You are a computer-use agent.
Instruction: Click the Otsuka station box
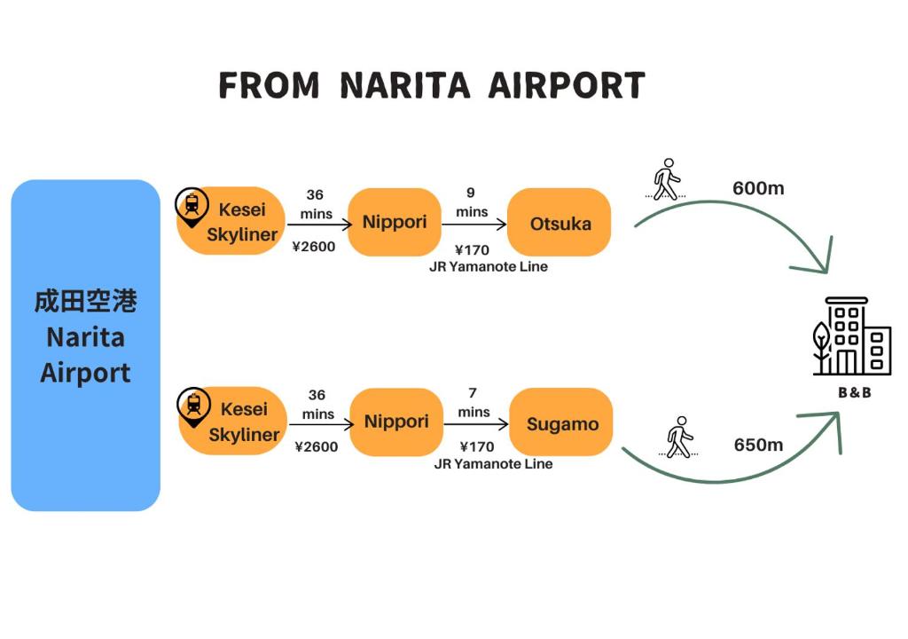pyautogui.click(x=560, y=223)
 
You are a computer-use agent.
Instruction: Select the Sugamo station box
pyautogui.click(x=562, y=423)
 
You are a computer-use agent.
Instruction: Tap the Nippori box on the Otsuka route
pyautogui.click(x=395, y=222)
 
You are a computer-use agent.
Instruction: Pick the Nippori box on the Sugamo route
pyautogui.click(x=396, y=422)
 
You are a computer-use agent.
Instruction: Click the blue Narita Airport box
pyautogui.click(x=85, y=345)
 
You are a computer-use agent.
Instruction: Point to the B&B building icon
pyautogui.click(x=852, y=336)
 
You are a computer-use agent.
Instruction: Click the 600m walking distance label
pyautogui.click(x=758, y=188)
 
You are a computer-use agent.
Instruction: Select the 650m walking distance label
pyautogui.click(x=758, y=445)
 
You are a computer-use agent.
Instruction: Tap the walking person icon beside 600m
pyautogui.click(x=667, y=179)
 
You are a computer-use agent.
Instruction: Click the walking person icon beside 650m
pyautogui.click(x=679, y=437)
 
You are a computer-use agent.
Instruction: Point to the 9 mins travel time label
pyautogui.click(x=472, y=202)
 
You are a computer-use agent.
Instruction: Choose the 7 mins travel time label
pyautogui.click(x=474, y=403)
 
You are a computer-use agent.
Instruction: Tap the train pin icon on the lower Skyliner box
pyautogui.click(x=193, y=405)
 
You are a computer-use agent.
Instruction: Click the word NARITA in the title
pyautogui.click(x=404, y=86)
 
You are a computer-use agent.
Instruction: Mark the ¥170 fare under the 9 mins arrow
pyautogui.click(x=472, y=249)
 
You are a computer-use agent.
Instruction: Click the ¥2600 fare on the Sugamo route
pyautogui.click(x=317, y=446)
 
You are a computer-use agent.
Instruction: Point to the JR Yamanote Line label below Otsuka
pyautogui.click(x=489, y=266)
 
